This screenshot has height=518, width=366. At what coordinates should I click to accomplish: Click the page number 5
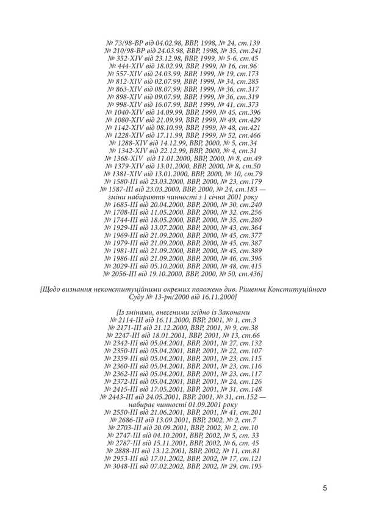(325, 487)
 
